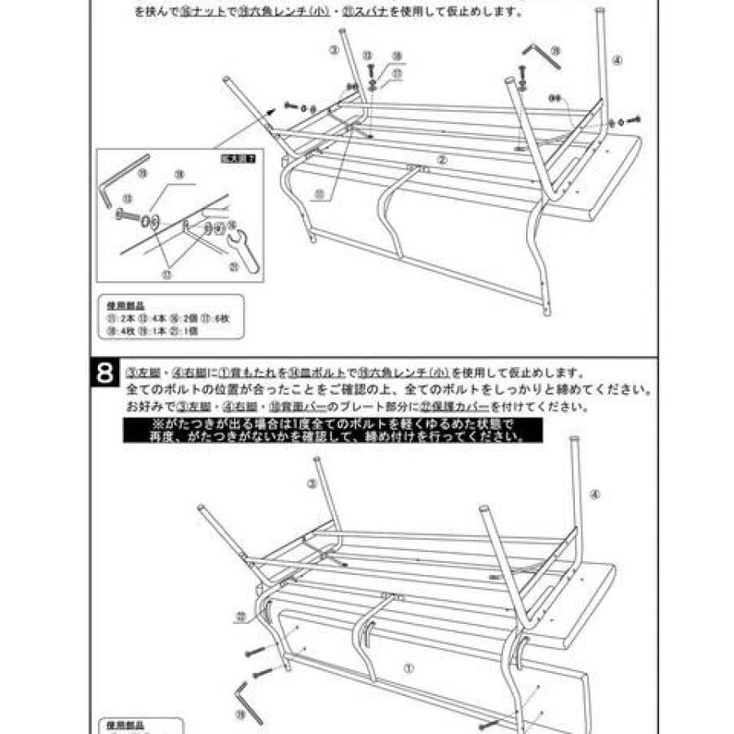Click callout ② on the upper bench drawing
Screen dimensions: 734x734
(441, 160)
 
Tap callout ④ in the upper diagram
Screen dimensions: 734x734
(617, 60)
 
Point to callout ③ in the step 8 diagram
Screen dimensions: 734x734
(311, 484)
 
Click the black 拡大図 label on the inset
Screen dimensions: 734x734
(243, 158)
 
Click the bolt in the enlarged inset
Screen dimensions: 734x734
(129, 216)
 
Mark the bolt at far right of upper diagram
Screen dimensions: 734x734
(633, 119)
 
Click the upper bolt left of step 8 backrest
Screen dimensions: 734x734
(253, 652)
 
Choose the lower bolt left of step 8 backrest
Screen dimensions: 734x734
(263, 673)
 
